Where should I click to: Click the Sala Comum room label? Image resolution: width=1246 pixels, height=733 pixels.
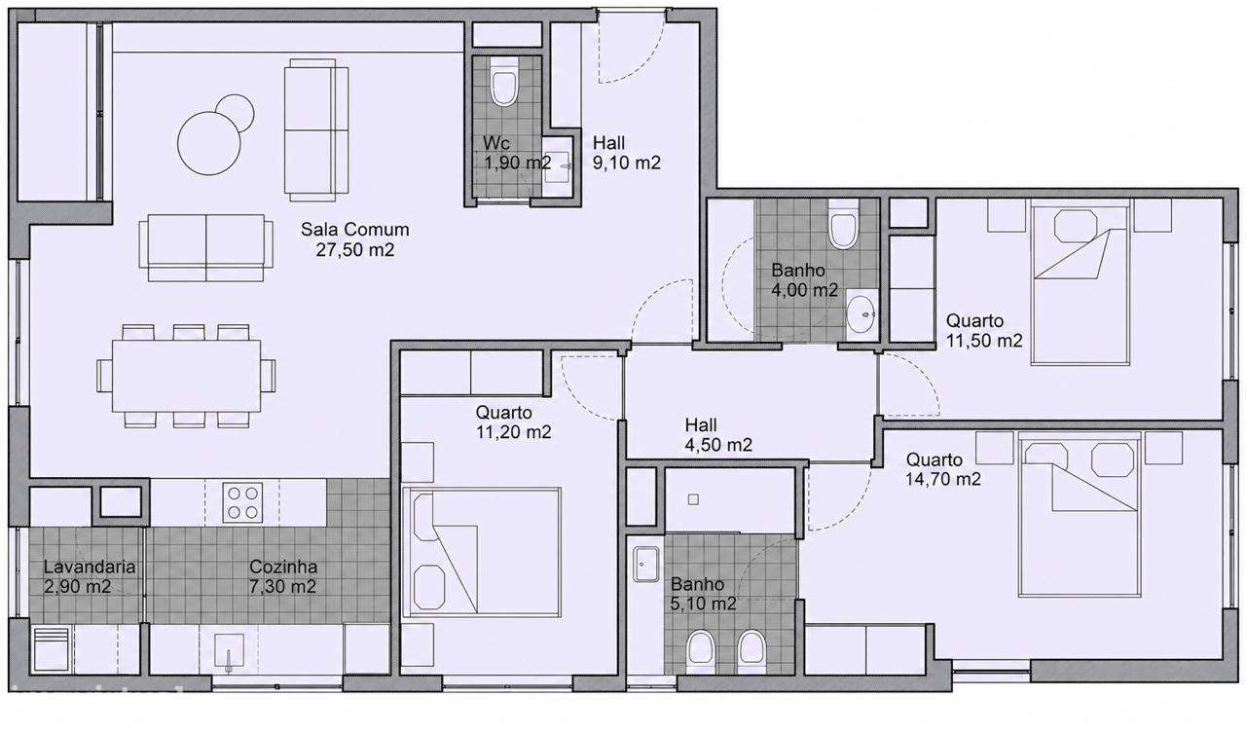tap(355, 229)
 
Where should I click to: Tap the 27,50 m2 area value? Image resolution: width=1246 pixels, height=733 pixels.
tap(355, 250)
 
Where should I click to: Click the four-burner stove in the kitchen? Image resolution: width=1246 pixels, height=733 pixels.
tap(242, 502)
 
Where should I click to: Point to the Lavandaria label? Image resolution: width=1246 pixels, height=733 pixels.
tap(89, 567)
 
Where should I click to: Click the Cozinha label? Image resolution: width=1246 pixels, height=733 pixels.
tap(283, 567)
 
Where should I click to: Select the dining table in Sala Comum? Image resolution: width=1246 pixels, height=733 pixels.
tap(186, 376)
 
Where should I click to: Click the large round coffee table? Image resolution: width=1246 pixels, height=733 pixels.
tap(209, 143)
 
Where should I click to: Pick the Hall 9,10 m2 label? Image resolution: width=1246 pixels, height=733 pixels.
tap(626, 153)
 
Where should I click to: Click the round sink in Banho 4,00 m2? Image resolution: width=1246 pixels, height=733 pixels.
tap(861, 314)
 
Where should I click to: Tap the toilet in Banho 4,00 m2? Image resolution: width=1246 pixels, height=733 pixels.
tap(843, 224)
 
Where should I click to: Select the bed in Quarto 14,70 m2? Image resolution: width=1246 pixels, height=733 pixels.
tap(1080, 514)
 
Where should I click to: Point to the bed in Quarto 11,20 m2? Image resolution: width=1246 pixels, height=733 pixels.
tap(482, 552)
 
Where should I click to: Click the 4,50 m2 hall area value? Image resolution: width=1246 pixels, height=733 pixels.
tap(718, 445)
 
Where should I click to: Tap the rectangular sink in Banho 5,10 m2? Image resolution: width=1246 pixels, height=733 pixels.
tap(645, 564)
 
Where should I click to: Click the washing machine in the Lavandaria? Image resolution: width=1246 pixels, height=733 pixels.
tap(52, 649)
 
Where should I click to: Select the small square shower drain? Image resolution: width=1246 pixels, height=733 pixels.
tap(693, 499)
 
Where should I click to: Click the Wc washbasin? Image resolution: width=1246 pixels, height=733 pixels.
tap(558, 166)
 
